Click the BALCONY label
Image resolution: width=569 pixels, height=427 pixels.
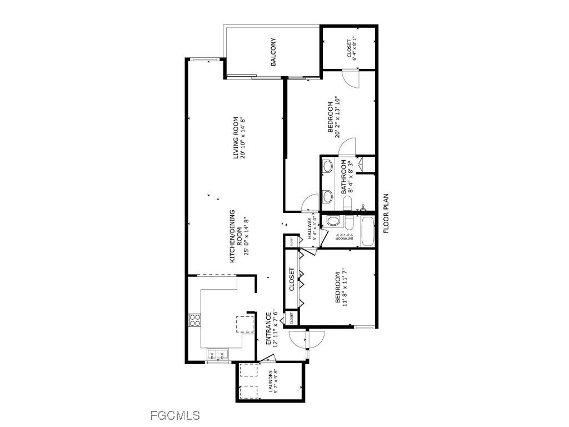(x=273, y=52)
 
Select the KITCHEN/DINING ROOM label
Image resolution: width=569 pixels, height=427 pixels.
(x=233, y=236)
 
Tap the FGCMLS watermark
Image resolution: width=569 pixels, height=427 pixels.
(x=175, y=415)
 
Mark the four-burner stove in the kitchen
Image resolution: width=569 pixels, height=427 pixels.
(x=195, y=320)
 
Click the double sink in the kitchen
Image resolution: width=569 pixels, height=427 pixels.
(x=218, y=354)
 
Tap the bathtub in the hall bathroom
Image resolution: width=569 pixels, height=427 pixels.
(x=367, y=231)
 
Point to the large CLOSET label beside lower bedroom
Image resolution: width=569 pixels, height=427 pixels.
(x=292, y=280)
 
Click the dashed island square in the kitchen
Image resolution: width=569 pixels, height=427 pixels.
(x=245, y=323)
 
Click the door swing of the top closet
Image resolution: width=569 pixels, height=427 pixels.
(x=351, y=78)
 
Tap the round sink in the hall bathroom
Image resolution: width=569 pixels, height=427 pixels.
(x=333, y=221)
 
